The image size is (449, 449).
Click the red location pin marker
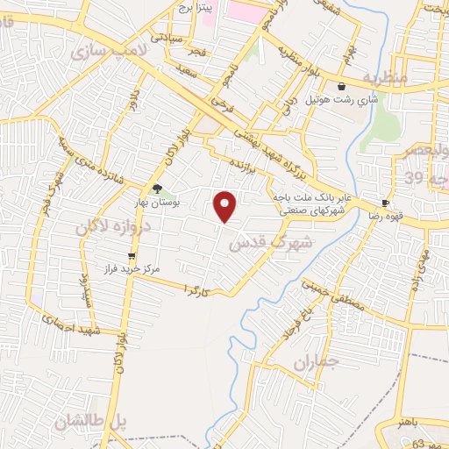point(226,206)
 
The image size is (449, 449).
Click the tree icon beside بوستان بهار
point(157,188)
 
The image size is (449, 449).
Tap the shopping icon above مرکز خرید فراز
point(132,257)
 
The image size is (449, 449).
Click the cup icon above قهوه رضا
point(385,202)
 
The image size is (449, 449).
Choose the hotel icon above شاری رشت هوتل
point(340,86)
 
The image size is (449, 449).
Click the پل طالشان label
point(90,422)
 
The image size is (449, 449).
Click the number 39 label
point(414,178)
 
